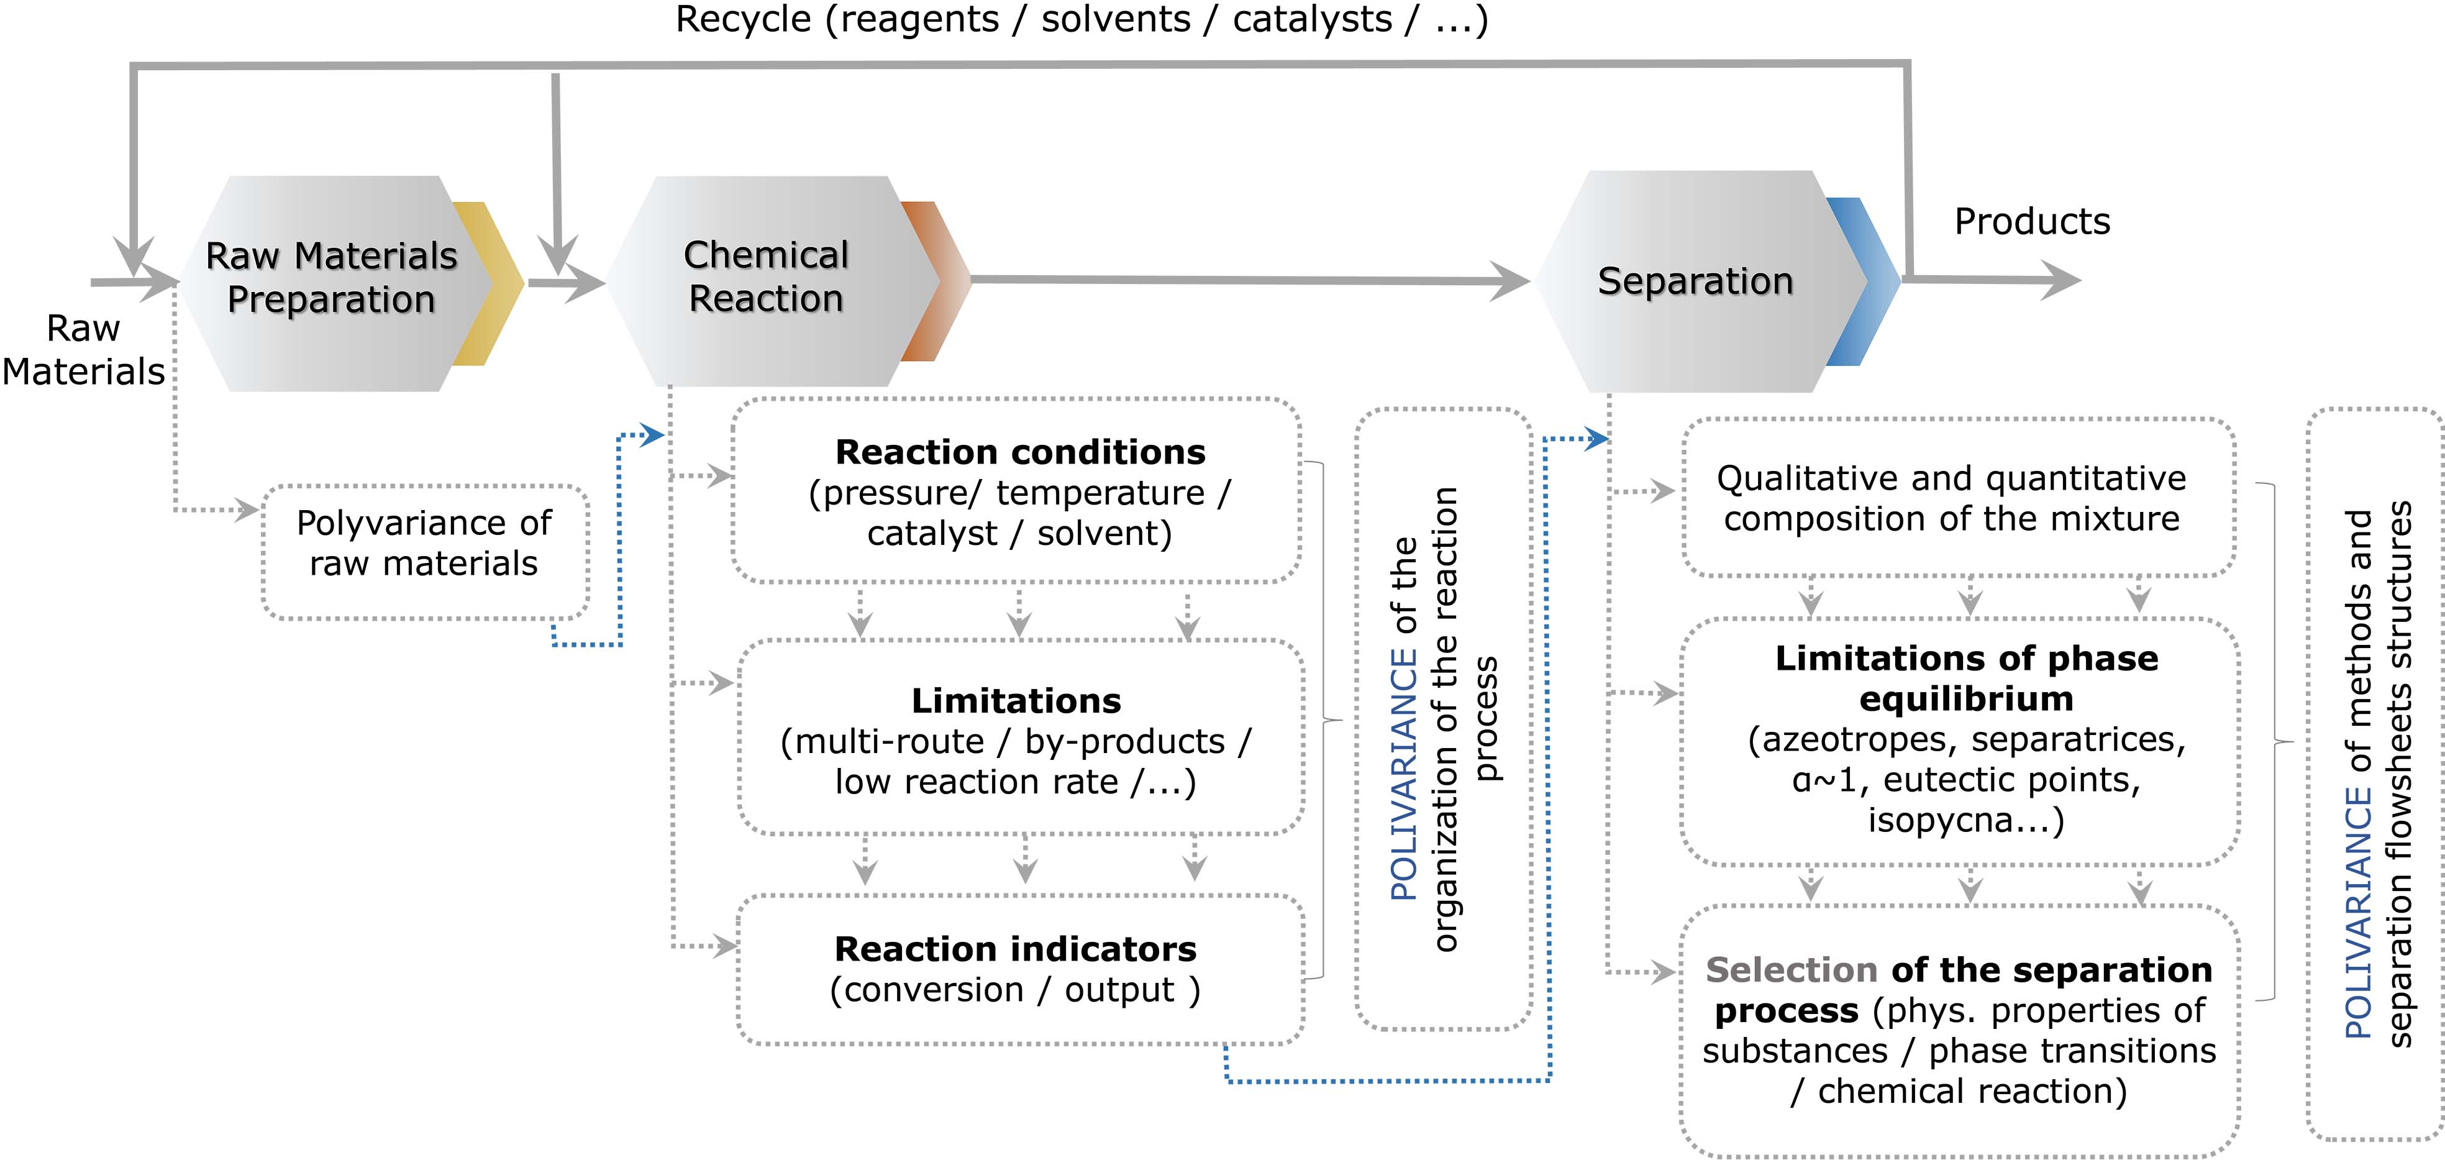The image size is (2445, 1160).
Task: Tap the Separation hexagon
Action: point(1695,281)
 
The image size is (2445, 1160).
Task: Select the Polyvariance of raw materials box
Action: point(424,552)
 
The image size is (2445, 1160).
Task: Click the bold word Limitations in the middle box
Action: point(1016,701)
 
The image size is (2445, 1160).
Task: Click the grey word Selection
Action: point(1790,970)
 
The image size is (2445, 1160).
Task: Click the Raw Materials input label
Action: point(83,349)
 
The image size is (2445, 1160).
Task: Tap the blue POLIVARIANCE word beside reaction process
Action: point(1403,774)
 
